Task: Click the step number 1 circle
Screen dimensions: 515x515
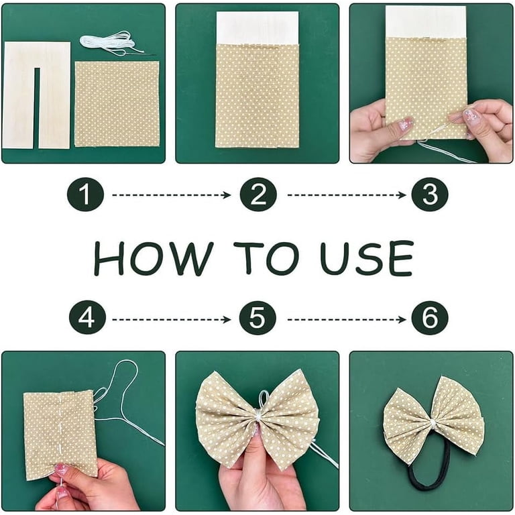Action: (85, 195)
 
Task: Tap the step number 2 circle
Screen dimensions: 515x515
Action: (258, 194)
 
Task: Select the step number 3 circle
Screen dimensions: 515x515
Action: (430, 194)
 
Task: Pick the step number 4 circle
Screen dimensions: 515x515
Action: (87, 318)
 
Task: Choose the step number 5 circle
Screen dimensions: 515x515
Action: (257, 318)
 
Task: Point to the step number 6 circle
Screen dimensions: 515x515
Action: (430, 318)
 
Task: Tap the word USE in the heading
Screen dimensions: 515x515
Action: (367, 257)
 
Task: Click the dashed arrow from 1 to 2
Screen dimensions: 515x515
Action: (172, 195)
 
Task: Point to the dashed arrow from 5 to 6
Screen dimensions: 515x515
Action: (347, 320)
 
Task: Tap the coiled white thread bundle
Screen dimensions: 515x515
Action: (111, 43)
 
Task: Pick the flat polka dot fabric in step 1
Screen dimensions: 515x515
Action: (117, 104)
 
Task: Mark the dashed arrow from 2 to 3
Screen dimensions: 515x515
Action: (347, 195)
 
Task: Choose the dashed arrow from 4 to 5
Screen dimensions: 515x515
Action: (172, 320)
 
